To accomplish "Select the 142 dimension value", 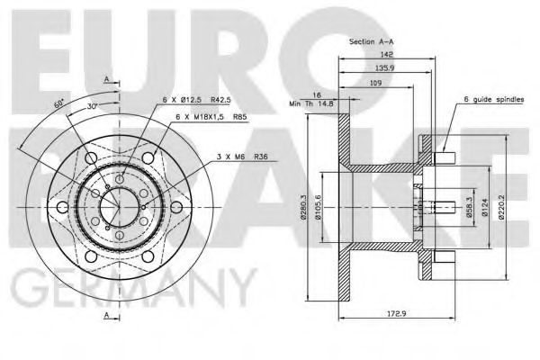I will tap(389, 55).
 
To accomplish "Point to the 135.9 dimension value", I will tap(389, 67).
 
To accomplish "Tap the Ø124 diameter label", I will tap(486, 210).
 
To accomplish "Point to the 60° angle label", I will tap(60, 105).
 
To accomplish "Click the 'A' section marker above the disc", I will tap(106, 79).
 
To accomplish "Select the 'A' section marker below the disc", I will tap(106, 316).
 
